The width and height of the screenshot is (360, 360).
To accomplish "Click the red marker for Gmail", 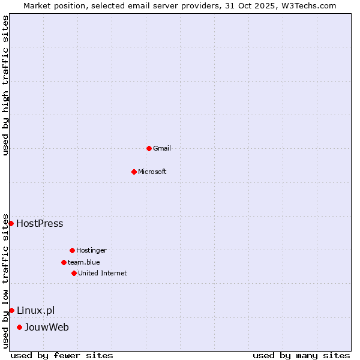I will click(149, 148).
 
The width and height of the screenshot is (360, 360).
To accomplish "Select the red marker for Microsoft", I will click(134, 172).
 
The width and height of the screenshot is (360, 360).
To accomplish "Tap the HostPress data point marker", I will click(11, 223).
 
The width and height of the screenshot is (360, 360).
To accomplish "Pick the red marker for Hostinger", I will click(72, 250).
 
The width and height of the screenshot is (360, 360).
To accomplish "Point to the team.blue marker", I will click(64, 262).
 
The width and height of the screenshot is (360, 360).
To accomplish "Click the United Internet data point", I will click(74, 273).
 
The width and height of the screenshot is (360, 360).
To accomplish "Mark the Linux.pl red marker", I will click(11, 310).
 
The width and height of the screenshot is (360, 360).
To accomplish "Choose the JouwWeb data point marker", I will click(19, 327).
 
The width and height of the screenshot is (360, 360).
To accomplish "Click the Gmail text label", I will click(162, 148).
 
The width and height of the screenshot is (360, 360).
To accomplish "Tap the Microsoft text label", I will click(152, 172).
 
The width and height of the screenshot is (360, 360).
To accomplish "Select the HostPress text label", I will click(40, 224).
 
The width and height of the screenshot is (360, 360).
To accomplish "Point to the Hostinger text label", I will click(91, 250).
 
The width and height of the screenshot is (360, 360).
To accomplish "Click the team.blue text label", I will click(84, 262).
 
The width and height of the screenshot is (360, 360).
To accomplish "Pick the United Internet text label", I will click(103, 273).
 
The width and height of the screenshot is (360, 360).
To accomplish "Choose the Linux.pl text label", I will click(35, 310).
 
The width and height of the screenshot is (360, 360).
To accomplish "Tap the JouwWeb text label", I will click(47, 327).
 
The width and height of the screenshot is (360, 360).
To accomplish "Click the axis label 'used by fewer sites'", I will click(62, 355).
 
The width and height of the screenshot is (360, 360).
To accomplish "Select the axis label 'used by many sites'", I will click(301, 355).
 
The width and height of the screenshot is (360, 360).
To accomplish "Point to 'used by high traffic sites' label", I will click(5, 85).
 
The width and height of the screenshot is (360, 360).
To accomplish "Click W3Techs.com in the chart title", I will click(307, 5).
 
